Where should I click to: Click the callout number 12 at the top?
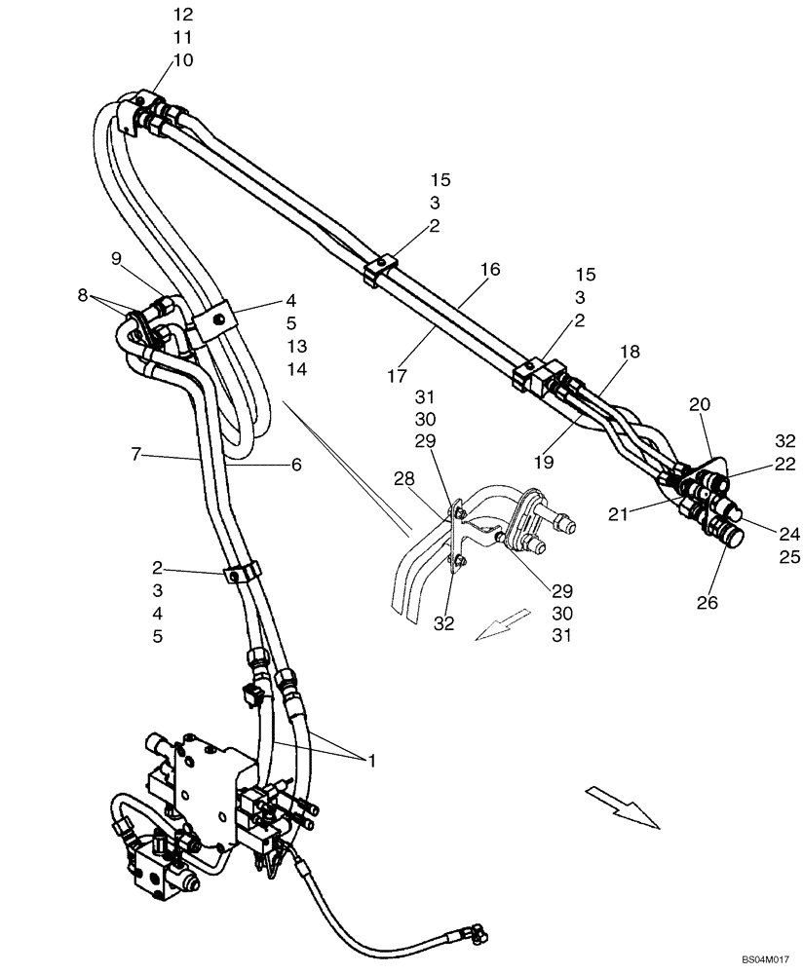183,15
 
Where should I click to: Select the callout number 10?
183,60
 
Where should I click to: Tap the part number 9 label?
116,259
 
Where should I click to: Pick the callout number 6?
296,466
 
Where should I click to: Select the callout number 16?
489,270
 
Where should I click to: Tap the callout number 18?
630,353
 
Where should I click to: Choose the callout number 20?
700,404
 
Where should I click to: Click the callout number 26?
707,603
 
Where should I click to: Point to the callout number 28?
405,478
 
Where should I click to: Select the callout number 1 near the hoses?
370,760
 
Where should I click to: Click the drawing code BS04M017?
763,959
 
